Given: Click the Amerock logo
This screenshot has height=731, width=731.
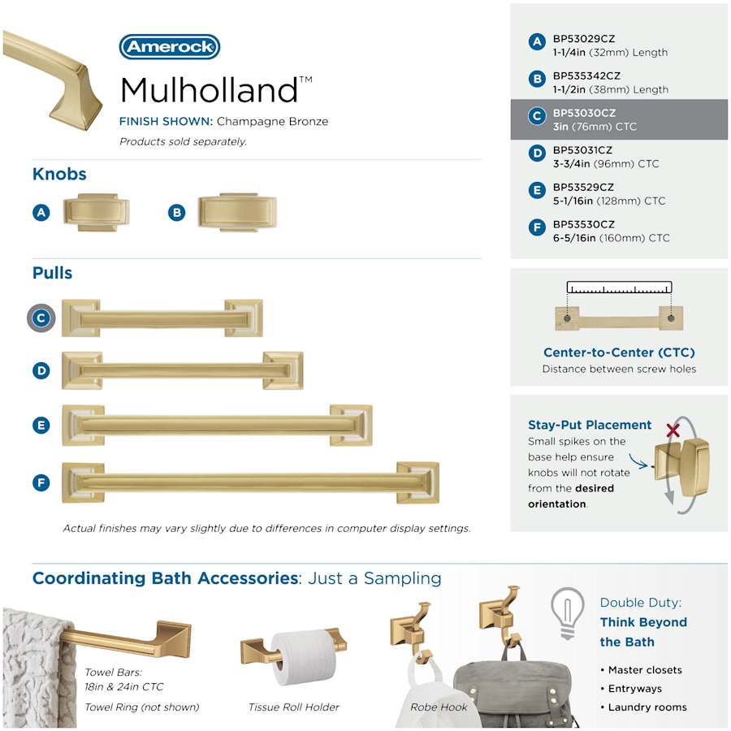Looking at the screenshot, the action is [170, 46].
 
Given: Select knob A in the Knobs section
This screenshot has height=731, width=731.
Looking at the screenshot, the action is [97, 212].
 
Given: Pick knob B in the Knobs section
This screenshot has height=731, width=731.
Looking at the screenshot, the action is [238, 213].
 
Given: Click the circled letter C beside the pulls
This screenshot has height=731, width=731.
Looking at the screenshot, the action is [41, 318].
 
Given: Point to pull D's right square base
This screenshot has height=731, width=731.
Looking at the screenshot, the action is [283, 370].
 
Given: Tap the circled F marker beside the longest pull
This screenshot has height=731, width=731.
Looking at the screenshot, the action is [41, 482].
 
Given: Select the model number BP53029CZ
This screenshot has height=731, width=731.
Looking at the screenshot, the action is [584, 39].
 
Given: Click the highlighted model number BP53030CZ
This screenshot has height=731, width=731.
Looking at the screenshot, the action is [584, 113].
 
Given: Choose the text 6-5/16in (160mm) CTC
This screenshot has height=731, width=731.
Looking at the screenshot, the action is [611, 238].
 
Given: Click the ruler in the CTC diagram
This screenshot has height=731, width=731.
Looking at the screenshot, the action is [619, 288].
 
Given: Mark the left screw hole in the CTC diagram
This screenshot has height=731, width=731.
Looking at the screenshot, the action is [568, 318].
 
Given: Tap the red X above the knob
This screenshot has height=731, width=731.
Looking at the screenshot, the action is [673, 430].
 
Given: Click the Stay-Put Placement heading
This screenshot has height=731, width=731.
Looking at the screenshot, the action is [590, 425].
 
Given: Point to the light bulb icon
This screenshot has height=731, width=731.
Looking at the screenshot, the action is [568, 612].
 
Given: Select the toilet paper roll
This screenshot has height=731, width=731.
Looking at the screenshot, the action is [304, 657].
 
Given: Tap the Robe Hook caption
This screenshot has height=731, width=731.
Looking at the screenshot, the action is [439, 707].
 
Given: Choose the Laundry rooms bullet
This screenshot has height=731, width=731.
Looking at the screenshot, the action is [644, 707].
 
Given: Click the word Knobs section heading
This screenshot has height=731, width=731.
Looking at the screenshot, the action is [59, 174].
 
